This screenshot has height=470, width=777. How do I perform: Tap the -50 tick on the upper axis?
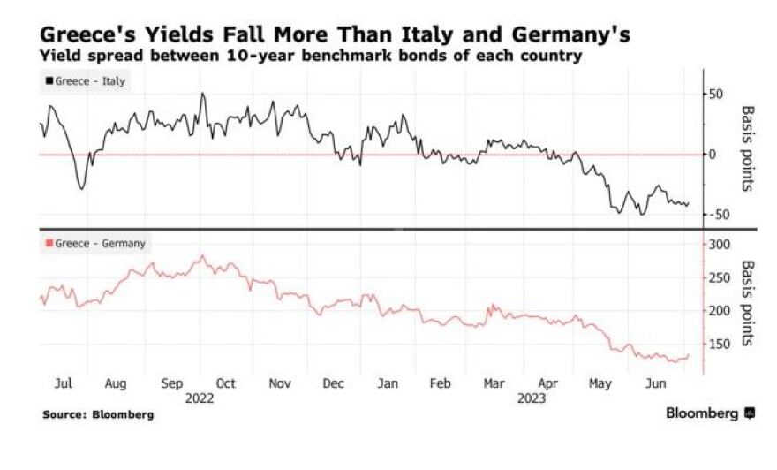point(720,215)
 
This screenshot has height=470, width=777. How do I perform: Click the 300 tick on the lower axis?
point(721,244)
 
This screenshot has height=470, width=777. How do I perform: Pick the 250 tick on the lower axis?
point(721,277)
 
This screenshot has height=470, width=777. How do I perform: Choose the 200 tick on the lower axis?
point(721,311)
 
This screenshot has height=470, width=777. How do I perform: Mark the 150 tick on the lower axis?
point(721,344)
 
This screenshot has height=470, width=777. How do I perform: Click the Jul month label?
point(64,384)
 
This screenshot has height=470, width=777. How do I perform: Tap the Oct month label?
point(226,384)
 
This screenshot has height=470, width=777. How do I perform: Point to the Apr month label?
point(549,384)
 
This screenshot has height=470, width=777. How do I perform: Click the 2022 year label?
point(200,398)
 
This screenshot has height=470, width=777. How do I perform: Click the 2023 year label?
point(529,398)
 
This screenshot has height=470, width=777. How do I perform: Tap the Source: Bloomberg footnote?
point(97,414)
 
